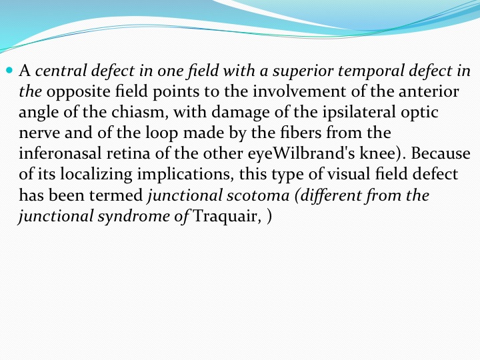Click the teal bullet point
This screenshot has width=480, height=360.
coord(9,71)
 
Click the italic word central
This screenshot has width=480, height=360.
coord(61,71)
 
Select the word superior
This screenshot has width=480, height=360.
coord(303,71)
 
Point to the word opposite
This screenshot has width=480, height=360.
coord(78,92)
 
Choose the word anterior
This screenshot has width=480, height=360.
coord(429,91)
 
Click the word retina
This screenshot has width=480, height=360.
coord(128,153)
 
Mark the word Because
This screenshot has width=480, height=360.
coord(441,153)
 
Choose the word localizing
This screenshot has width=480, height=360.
coord(96,174)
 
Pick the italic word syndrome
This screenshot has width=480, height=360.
coord(134,216)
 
